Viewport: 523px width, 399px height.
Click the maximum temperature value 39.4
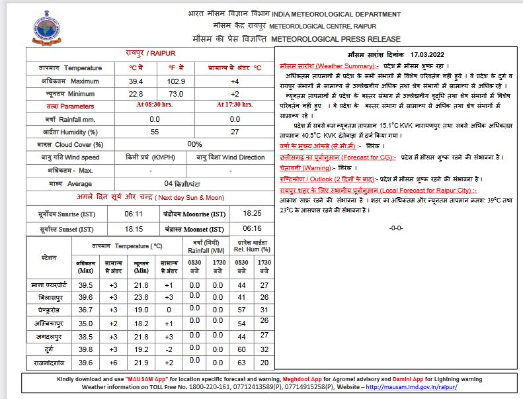[136, 81]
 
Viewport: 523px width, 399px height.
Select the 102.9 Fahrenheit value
[176, 81]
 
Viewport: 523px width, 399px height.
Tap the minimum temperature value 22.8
[136, 93]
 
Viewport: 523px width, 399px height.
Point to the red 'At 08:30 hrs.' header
[155, 105]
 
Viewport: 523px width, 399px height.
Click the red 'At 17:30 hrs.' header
[235, 105]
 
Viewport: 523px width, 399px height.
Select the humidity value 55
[155, 132]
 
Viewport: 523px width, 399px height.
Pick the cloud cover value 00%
[194, 144]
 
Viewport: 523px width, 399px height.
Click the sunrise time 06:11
[134, 214]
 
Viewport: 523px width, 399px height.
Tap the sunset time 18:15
[134, 229]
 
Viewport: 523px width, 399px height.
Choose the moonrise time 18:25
[252, 214]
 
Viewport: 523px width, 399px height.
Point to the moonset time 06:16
[252, 229]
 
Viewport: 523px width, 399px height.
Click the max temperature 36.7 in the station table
[86, 310]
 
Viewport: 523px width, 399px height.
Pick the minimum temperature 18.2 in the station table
[141, 323]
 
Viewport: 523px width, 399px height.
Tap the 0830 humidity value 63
[241, 363]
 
